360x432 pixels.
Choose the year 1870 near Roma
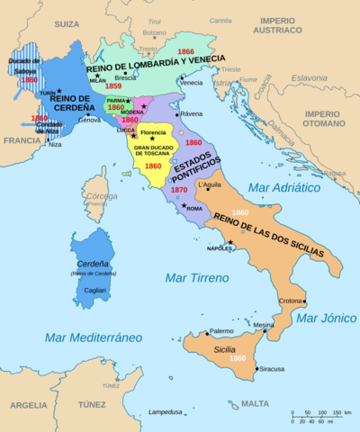(179, 191)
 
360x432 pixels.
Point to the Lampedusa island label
(171, 411)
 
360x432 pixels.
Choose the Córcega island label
(95, 199)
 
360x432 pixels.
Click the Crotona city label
(288, 301)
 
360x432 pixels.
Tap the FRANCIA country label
(22, 140)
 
